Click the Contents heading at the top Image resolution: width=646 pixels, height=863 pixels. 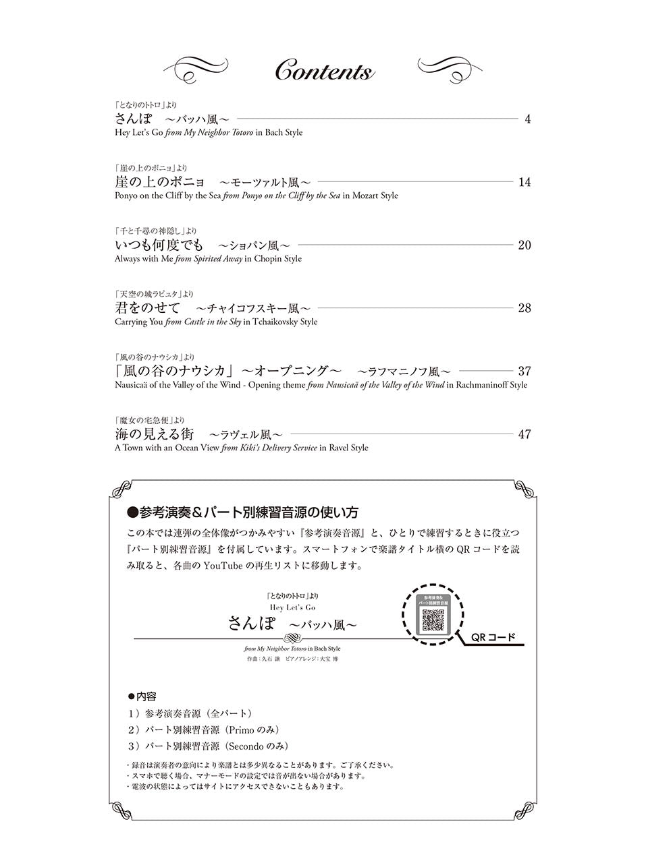(x=324, y=71)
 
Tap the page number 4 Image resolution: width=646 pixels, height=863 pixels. (x=527, y=119)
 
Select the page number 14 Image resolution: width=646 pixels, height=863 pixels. (x=524, y=182)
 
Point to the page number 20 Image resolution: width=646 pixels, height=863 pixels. (x=524, y=245)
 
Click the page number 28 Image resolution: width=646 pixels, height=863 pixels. (x=524, y=308)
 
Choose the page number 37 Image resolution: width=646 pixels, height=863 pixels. (x=524, y=371)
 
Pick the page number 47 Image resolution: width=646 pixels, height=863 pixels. (x=524, y=434)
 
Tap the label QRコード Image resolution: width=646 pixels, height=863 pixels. (x=493, y=637)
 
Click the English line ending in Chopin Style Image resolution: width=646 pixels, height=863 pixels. (x=208, y=259)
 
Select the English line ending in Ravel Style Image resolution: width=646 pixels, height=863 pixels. (x=241, y=448)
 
